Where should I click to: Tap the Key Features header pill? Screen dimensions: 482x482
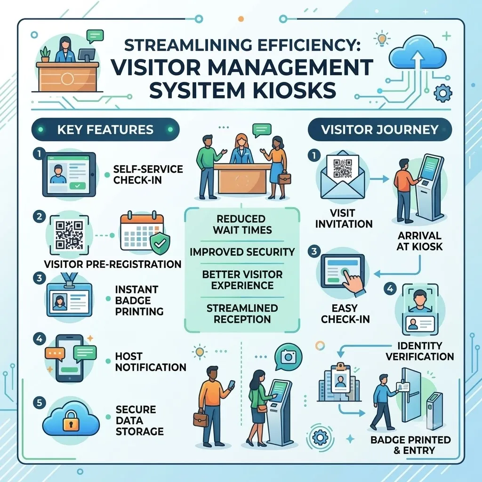(105, 129)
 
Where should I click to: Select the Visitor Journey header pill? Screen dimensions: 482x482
(380, 129)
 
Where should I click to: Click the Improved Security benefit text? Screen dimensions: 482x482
(242, 252)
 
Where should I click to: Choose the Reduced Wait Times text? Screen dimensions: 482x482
(242, 225)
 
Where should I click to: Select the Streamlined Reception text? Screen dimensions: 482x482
(242, 313)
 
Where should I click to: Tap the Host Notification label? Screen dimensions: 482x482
(151, 361)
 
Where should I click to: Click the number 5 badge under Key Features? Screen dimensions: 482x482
(40, 403)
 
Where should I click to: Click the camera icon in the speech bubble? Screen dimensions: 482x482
(289, 357)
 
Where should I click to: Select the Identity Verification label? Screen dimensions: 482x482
(419, 351)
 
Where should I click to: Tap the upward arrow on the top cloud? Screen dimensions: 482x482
(417, 64)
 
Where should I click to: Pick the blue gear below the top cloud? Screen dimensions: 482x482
(442, 92)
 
